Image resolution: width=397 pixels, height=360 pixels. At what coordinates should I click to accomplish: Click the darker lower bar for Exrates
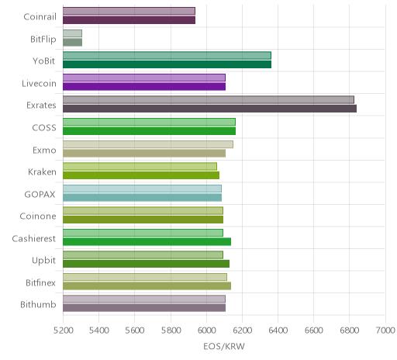pos(209,109)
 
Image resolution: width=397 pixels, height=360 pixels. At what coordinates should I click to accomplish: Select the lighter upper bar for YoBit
pos(167,56)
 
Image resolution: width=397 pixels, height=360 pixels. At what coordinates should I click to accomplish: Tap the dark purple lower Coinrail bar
pos(129,20)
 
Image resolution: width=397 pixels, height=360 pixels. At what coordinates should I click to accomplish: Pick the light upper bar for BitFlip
pos(72,33)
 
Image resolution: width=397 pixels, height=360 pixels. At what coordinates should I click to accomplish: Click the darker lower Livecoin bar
pos(144,87)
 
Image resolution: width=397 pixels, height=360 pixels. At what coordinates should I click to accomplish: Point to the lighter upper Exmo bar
pos(148,144)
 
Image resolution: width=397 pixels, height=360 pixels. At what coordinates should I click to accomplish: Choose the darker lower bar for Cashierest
pos(147,242)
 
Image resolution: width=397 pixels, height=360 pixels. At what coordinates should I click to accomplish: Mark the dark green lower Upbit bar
pos(146,264)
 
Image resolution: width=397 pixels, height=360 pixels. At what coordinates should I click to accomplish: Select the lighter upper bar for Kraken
pos(140,166)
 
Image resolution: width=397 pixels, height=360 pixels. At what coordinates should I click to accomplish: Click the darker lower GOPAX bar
pos(142,197)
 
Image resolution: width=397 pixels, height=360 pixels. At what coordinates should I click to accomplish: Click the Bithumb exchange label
pos(38,304)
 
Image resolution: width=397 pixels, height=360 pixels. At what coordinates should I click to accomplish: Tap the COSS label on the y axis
pos(44,127)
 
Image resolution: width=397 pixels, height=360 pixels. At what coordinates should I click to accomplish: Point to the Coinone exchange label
pos(38,216)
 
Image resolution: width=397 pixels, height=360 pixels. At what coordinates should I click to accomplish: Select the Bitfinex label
pos(40,282)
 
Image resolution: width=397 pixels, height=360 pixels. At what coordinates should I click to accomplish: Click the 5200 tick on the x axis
pos(63,331)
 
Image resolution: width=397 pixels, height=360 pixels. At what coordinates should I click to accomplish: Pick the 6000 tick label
pos(206,331)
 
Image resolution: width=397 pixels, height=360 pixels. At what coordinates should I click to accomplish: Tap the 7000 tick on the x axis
pos(385,331)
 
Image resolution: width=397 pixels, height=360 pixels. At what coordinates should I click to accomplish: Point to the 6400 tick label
pos(278,331)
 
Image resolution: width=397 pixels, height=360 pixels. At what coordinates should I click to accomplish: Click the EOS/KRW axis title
pos(224,346)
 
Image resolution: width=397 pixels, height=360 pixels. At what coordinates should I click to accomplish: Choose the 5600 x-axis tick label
pos(135,331)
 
